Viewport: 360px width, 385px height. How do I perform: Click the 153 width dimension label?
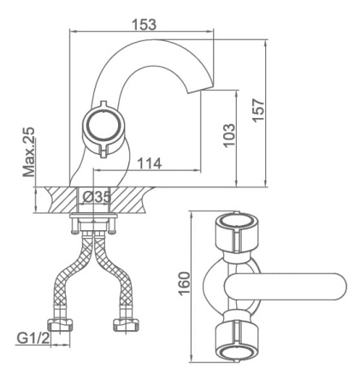click(x=145, y=25)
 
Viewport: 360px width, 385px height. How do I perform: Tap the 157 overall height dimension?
click(x=259, y=110)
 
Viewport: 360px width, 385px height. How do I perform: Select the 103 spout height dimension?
click(x=229, y=135)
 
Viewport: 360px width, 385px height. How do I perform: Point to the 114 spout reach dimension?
click(x=150, y=163)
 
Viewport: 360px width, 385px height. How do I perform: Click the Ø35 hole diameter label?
click(x=97, y=197)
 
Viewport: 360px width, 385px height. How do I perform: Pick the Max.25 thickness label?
click(x=29, y=152)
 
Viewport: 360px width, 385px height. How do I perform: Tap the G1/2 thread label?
click(x=33, y=339)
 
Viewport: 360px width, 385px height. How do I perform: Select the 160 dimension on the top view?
click(x=185, y=283)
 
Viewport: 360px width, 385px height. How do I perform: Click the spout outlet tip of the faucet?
click(x=201, y=88)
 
